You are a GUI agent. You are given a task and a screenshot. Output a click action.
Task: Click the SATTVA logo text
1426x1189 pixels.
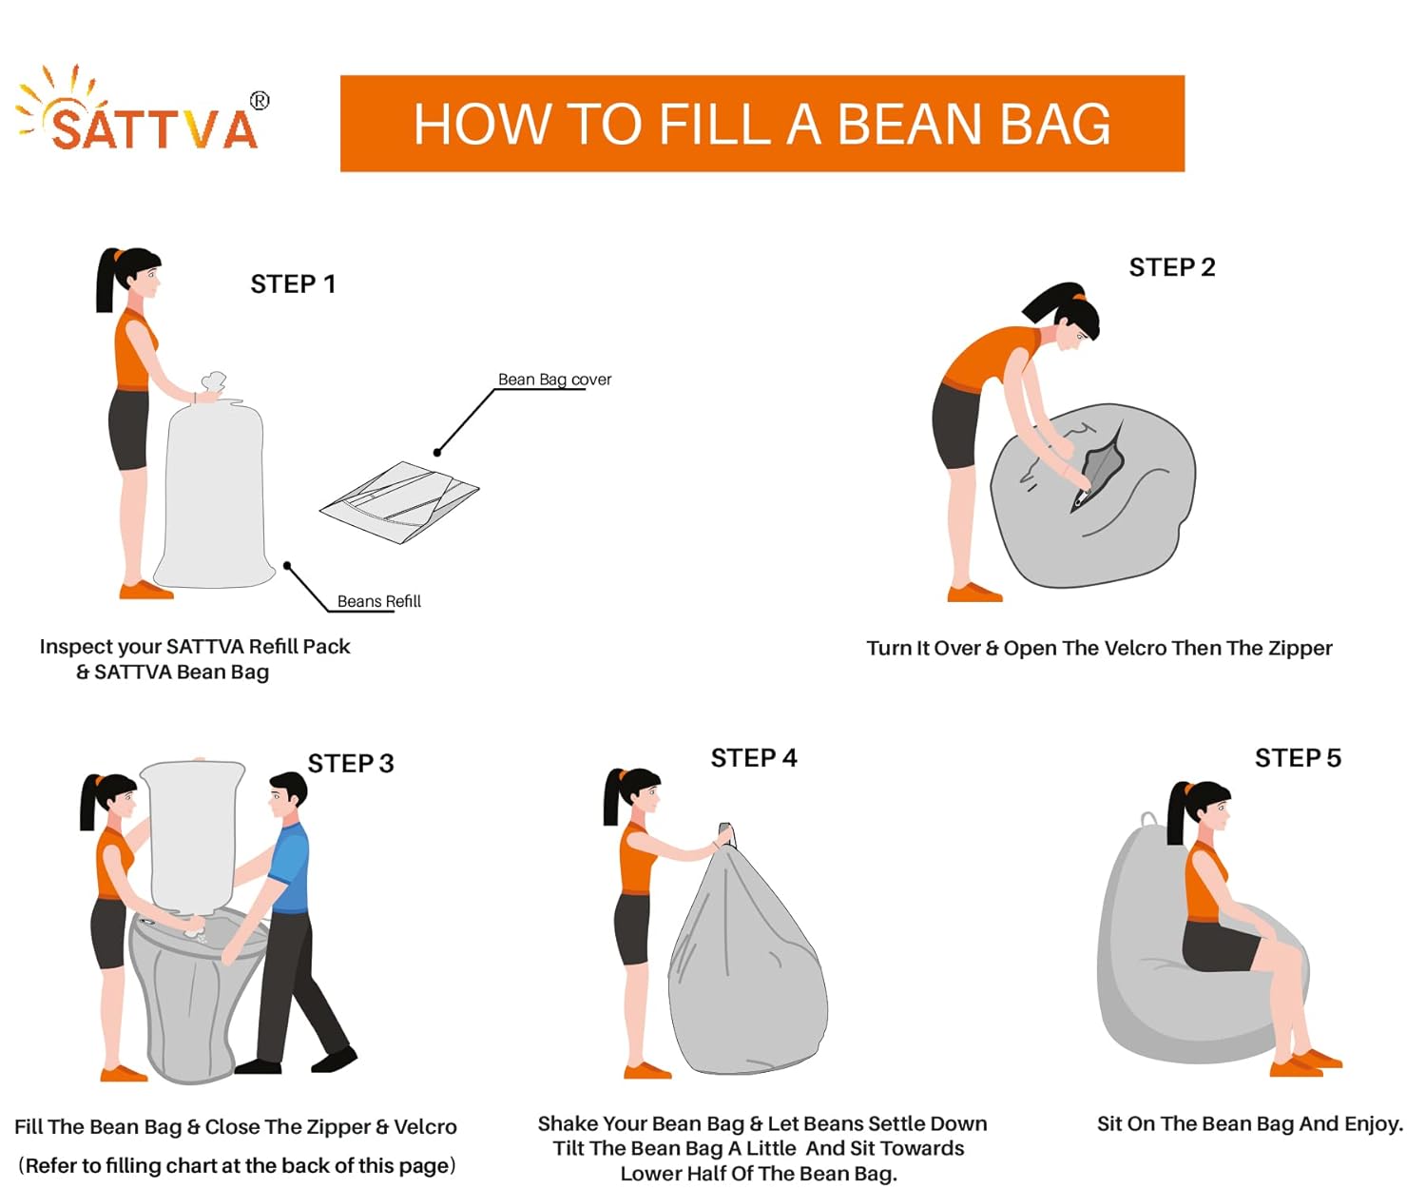155,127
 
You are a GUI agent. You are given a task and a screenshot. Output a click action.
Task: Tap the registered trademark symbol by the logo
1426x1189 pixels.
260,101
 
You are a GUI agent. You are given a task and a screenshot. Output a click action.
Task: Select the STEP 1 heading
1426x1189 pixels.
293,283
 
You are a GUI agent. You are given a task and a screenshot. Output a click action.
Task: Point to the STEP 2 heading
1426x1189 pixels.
1172,267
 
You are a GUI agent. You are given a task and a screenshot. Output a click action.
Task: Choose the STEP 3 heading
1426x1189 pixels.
351,763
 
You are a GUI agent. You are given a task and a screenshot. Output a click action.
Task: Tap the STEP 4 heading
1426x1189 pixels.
753,758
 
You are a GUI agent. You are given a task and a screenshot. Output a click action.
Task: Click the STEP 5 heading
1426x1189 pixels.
1298,758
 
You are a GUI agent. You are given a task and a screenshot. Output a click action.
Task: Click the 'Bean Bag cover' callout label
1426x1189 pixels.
554,380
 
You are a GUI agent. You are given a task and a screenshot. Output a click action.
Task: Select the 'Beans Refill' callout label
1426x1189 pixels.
379,601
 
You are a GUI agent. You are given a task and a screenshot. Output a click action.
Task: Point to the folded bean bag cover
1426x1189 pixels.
399,501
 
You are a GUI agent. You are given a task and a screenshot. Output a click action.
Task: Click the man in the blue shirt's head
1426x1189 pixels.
287,795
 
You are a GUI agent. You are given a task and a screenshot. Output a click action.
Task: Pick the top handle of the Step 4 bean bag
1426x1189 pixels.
726,834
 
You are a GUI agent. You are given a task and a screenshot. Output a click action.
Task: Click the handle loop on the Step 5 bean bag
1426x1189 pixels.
1150,820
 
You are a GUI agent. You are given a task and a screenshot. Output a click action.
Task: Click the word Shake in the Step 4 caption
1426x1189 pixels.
567,1123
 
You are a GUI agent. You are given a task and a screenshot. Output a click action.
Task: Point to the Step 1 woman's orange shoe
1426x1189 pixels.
145,590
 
